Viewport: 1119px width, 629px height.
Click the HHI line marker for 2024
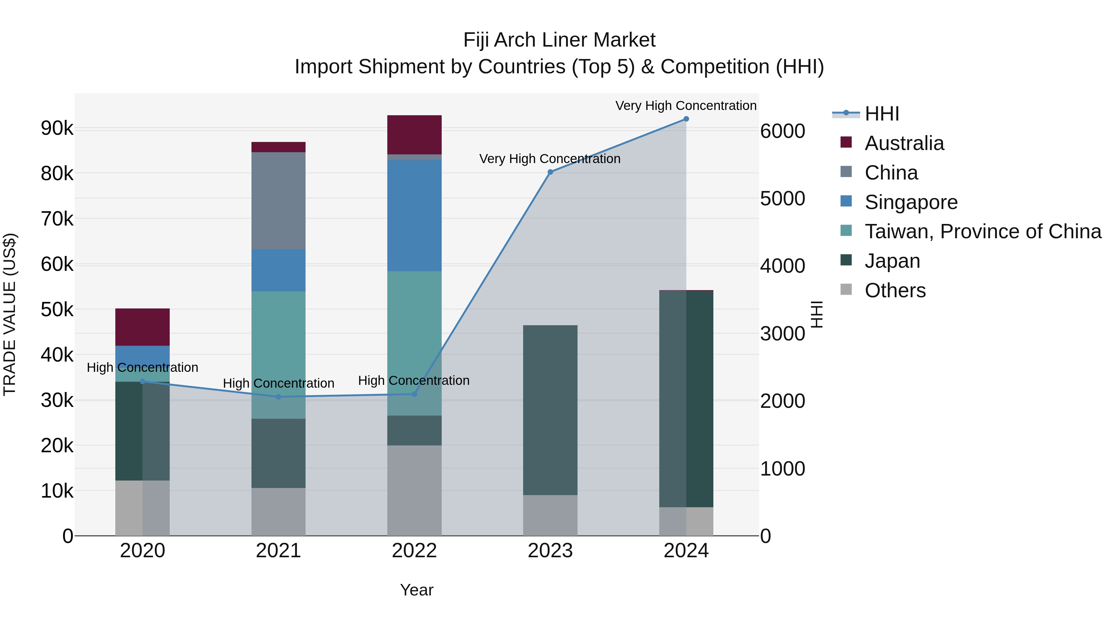click(686, 119)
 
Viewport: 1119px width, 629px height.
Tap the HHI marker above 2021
click(279, 397)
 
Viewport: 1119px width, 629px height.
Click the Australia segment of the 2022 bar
click(414, 134)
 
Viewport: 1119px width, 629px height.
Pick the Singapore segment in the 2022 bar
click(414, 216)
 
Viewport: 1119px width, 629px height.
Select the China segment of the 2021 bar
click(279, 201)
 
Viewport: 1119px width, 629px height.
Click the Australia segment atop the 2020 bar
click(142, 327)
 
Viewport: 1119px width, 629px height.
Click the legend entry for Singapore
click(911, 202)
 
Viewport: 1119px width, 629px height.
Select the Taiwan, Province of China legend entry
click(983, 231)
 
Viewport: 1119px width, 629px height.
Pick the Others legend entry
click(895, 290)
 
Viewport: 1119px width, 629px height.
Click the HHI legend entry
click(882, 114)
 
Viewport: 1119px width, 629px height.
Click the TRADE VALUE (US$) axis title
click(10, 314)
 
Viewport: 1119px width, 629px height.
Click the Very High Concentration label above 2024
click(686, 106)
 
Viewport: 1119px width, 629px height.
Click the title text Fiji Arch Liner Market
click(559, 40)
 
